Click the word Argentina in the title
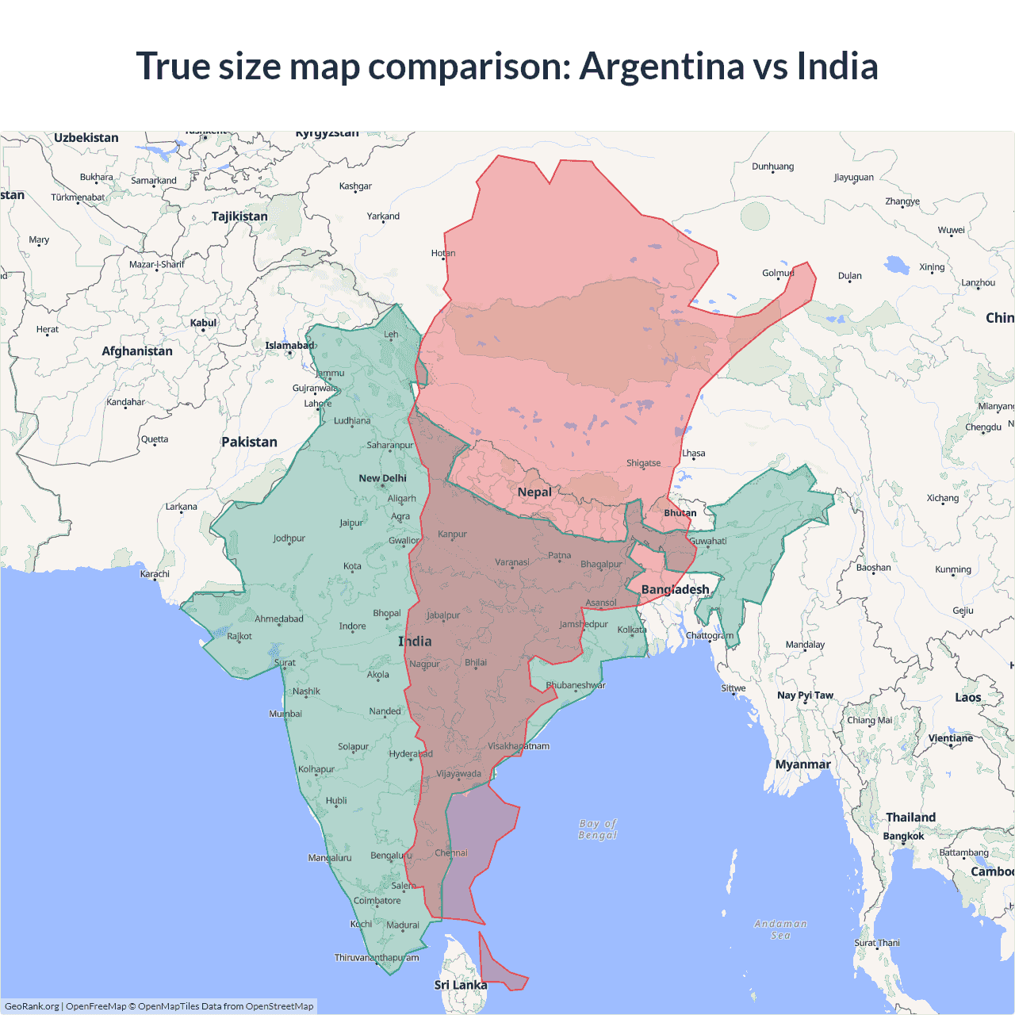661,66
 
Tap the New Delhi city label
382,478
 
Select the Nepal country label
534,492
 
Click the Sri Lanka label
461,985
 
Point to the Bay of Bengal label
598,829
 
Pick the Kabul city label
203,323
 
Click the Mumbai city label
285,714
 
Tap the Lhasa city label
693,454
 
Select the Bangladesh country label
675,589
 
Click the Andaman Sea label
780,929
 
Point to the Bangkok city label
903,836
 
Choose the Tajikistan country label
239,216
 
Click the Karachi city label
155,573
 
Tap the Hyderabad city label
410,753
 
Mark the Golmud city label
777,273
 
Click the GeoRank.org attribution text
32,1006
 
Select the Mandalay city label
805,645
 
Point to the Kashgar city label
355,186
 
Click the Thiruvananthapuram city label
377,957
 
